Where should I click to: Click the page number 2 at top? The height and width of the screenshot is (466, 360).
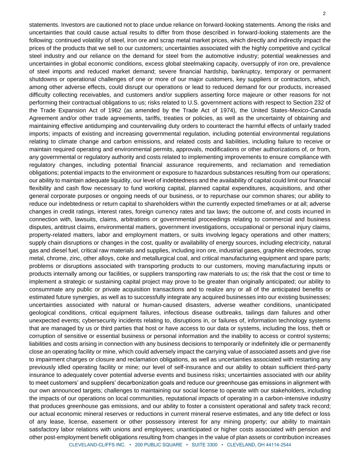click(x=324, y=14)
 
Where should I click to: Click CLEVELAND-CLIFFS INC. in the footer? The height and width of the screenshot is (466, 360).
click(x=97, y=445)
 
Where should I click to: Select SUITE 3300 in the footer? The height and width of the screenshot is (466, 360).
click(x=204, y=445)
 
